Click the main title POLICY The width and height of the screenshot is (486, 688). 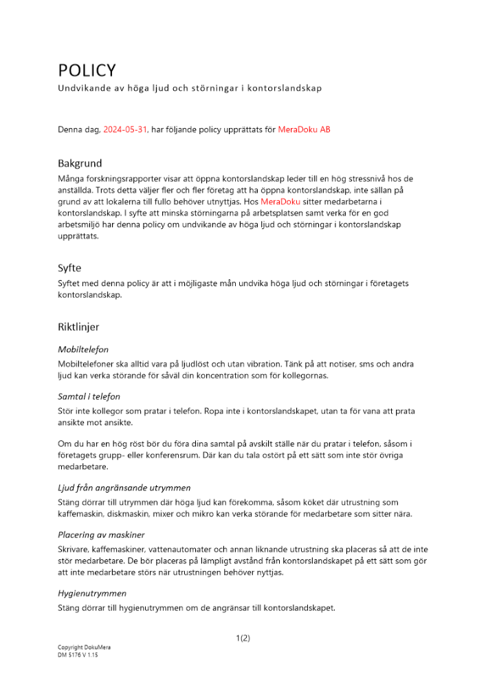pos(87,70)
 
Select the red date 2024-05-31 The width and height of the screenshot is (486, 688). pos(125,129)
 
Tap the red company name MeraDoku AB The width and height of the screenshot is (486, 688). pos(304,129)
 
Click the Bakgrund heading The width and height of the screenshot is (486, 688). pos(80,164)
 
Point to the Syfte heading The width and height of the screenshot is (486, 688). pos(69,268)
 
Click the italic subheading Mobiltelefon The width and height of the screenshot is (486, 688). pos(83,350)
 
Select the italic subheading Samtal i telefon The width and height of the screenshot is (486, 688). pos(93,396)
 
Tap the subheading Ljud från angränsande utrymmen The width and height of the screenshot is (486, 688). pos(124,488)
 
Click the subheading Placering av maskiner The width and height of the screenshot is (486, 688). pos(101,535)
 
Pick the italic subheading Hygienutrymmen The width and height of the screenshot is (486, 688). pos(92,592)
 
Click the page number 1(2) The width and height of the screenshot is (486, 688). pos(243,638)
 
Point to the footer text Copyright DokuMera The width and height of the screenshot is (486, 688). pos(84,648)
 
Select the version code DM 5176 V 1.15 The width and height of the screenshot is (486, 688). pos(78,656)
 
